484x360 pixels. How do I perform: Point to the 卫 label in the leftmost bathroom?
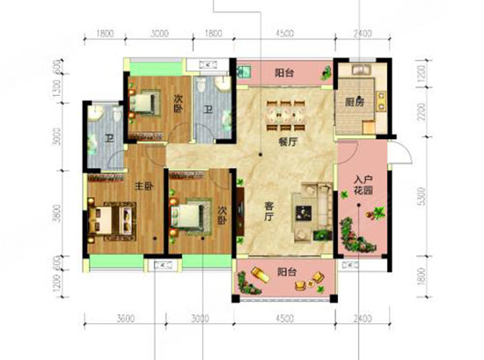pyautogui.click(x=107, y=139)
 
